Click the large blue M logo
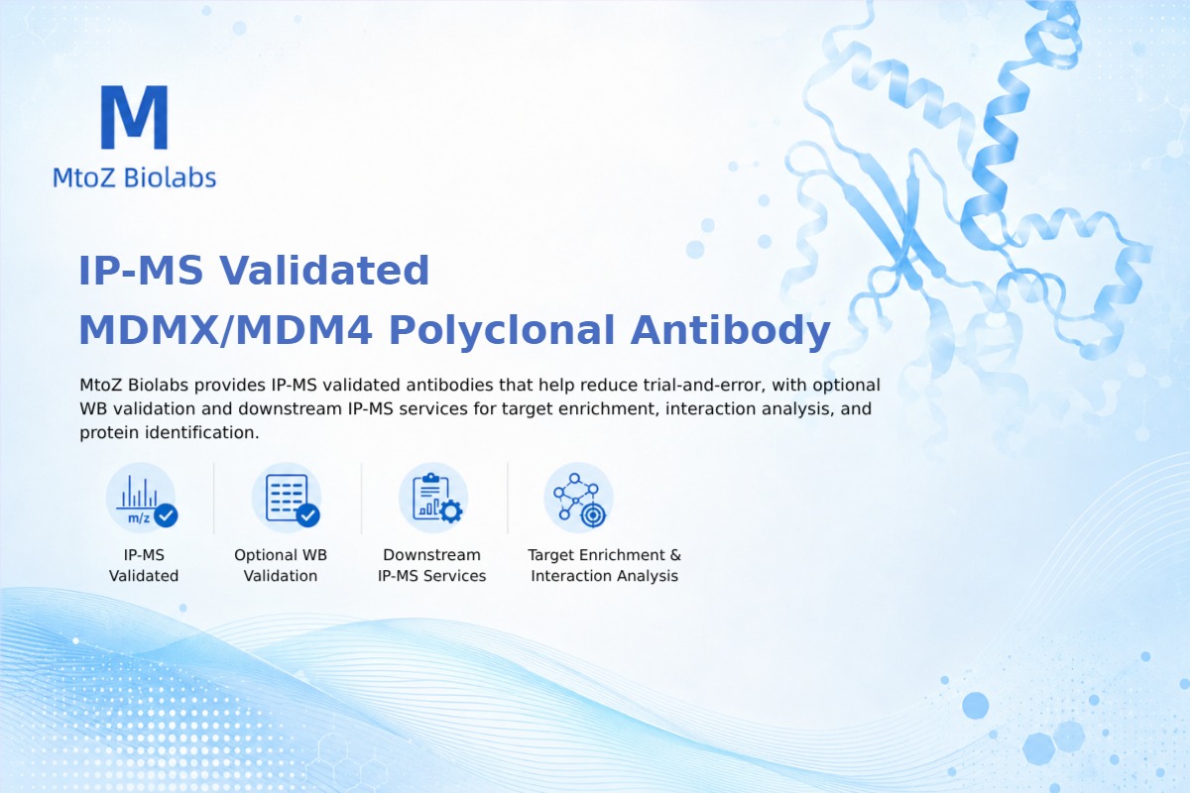(135, 117)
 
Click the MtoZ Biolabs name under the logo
(135, 177)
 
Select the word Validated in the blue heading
(324, 271)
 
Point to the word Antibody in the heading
(731, 331)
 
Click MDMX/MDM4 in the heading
(226, 330)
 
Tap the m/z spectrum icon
(141, 499)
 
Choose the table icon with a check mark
(287, 499)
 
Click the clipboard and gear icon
(433, 499)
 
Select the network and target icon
(578, 499)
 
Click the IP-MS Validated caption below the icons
(144, 565)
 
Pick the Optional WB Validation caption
(281, 565)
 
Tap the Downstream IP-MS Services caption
(432, 565)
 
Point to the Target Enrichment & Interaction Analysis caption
(605, 565)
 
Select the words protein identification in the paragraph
(169, 433)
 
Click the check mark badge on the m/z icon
(166, 515)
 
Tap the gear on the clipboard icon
(451, 511)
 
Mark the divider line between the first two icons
(214, 498)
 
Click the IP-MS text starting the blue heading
(141, 271)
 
